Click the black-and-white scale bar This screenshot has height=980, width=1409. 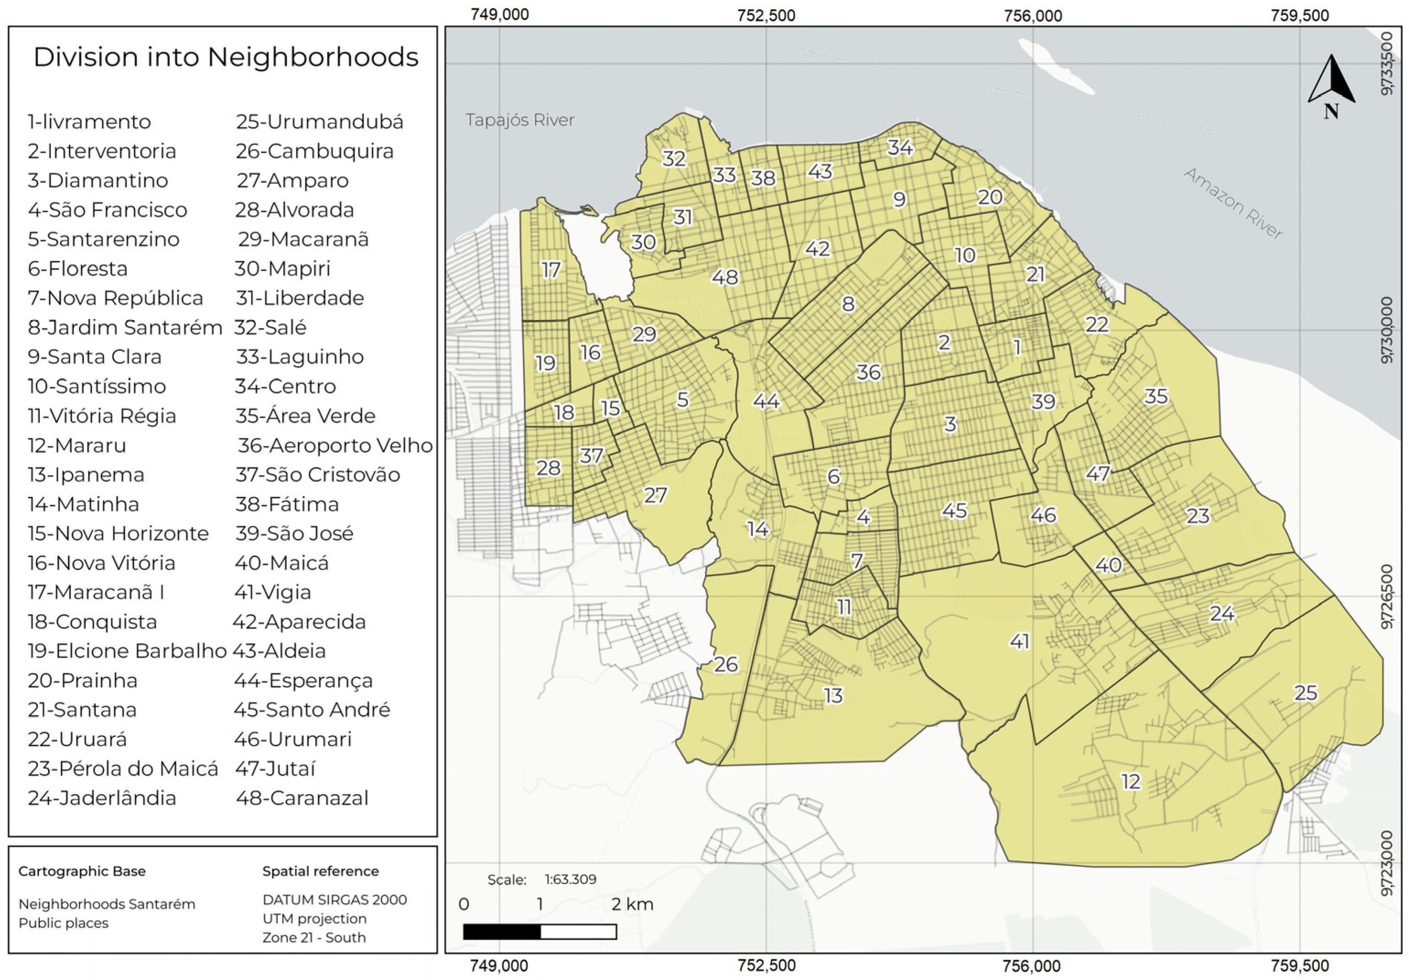pos(539,931)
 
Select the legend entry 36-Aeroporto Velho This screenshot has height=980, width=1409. pos(335,445)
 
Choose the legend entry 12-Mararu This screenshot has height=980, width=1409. pos(77,445)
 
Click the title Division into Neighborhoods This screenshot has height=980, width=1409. pos(225,57)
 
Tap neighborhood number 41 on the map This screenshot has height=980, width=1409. pos(1019,641)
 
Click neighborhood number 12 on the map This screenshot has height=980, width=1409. pos(1131,781)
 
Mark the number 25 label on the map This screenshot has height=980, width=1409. pos(1306,693)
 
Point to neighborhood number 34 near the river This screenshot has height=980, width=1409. pos(900,147)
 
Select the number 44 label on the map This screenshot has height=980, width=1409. pos(766,401)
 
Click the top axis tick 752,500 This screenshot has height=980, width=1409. pos(766,15)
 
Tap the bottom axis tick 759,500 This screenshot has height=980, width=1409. pos(1300,966)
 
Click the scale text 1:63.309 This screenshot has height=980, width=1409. pos(570,879)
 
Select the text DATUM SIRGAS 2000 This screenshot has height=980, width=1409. pos(334,899)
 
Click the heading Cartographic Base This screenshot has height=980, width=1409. pos(82,872)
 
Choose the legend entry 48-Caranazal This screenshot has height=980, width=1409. pos(302,798)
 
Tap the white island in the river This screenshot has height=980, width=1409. pos(1055,66)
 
